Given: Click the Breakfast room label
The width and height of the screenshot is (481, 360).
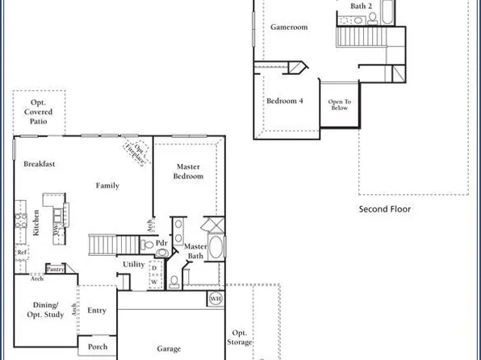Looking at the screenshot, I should (x=39, y=164).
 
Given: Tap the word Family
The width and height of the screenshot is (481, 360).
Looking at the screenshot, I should (x=107, y=186).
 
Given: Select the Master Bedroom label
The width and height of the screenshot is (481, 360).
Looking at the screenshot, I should (x=188, y=171).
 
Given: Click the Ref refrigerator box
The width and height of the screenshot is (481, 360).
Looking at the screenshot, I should (x=22, y=253).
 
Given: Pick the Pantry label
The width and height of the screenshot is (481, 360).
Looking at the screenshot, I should (x=56, y=270).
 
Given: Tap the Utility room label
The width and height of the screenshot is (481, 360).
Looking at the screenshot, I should (x=133, y=264).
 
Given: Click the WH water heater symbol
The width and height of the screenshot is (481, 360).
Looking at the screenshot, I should (x=215, y=299).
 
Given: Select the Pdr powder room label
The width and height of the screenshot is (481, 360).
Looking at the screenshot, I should (x=161, y=242).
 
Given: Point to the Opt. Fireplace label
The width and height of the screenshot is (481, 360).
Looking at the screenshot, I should (x=134, y=151).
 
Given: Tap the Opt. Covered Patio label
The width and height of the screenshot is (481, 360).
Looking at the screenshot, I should (x=38, y=114).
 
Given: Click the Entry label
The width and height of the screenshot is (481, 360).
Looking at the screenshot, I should (x=97, y=310).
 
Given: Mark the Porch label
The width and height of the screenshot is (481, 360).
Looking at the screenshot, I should (x=98, y=347).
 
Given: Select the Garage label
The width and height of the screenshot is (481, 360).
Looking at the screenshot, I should (x=169, y=349).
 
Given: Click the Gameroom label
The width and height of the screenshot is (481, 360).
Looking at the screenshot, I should (x=289, y=27).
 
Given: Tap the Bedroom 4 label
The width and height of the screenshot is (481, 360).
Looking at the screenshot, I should (x=285, y=101).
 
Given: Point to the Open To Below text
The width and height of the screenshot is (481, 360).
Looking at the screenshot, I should (x=339, y=104).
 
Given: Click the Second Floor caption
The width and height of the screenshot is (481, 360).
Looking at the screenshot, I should (x=385, y=208).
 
